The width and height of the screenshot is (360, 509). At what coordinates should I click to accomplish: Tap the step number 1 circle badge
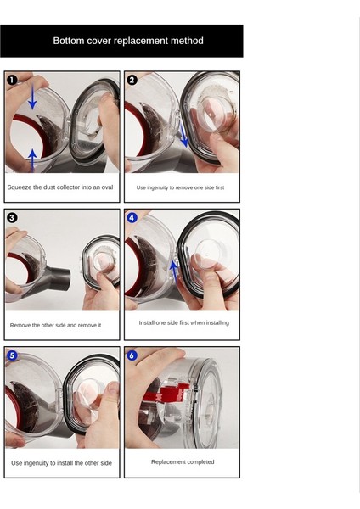(x=12, y=80)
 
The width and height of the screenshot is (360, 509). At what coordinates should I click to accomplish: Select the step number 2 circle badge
(x=132, y=80)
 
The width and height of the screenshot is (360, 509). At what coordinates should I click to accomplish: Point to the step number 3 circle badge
(x=12, y=217)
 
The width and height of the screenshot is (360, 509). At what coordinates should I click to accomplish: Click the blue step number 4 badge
(x=132, y=217)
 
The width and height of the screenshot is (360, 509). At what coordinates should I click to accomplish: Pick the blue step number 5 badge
(x=12, y=355)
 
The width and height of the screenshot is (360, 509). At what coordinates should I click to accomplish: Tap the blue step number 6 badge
(x=132, y=355)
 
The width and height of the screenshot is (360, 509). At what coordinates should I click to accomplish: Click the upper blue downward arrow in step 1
(x=32, y=96)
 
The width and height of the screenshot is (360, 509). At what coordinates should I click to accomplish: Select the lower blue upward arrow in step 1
(x=32, y=160)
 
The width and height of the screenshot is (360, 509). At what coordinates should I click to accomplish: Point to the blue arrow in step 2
(x=184, y=136)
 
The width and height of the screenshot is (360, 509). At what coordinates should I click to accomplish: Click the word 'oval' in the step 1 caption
(x=107, y=187)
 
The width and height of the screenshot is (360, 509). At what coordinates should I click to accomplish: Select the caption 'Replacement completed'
(x=183, y=462)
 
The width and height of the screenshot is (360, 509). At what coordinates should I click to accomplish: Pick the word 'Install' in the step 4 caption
(x=147, y=322)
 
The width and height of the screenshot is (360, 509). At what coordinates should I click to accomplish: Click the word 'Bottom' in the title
(x=64, y=41)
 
